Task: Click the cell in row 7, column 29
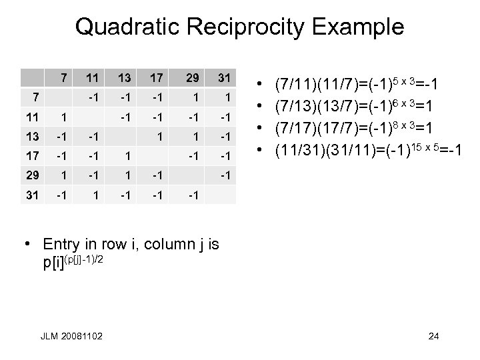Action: (192, 97)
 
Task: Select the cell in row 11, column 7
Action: (63, 116)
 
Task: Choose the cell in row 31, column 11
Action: (95, 195)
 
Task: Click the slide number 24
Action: (433, 336)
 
